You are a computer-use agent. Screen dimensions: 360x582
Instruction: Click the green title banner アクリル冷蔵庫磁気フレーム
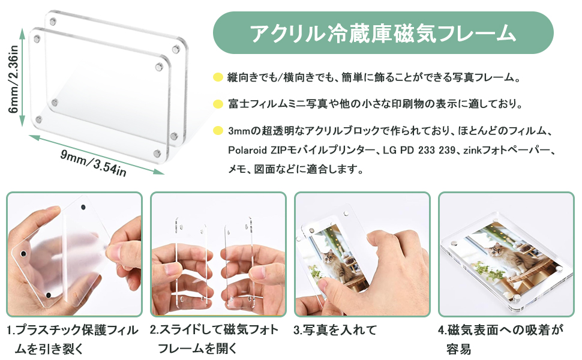[383, 33]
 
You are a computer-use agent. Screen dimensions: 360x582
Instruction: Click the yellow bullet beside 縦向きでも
[218, 77]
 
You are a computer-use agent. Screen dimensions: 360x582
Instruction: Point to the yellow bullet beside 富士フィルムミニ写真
[218, 104]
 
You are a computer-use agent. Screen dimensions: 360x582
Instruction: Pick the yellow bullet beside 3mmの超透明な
[218, 130]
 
